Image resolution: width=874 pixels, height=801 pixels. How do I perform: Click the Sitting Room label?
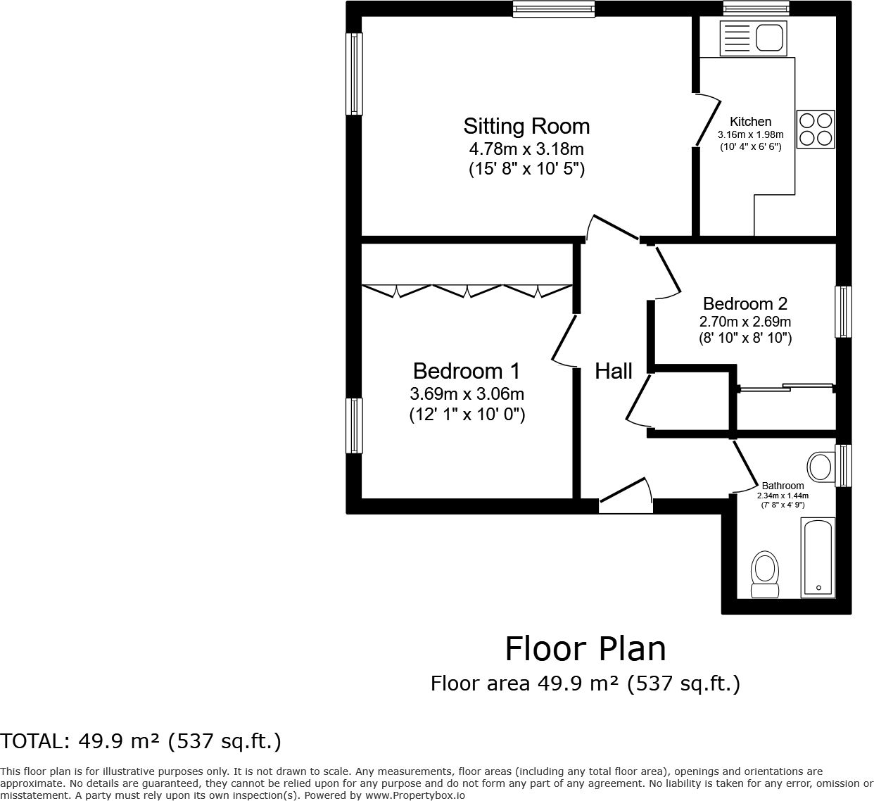(x=526, y=127)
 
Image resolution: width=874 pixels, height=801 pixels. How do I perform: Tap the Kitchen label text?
(x=750, y=122)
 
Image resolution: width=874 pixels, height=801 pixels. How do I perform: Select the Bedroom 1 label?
(x=467, y=372)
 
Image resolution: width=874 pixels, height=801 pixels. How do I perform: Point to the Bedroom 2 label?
(x=745, y=304)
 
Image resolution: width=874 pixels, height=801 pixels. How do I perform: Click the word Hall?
(x=614, y=372)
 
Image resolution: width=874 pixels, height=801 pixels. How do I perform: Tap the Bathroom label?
(x=783, y=486)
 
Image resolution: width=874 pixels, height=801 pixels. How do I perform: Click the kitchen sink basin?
(x=769, y=38)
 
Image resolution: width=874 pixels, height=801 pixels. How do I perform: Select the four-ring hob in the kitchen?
(x=816, y=130)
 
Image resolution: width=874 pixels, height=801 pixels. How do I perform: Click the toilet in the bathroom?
(x=765, y=574)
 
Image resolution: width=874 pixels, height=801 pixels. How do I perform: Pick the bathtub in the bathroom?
(x=818, y=558)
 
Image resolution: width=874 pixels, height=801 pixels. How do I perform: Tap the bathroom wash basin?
(x=821, y=467)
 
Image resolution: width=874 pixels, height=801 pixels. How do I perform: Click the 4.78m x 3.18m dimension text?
(x=526, y=149)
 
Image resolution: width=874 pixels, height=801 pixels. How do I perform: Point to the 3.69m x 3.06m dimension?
(x=467, y=394)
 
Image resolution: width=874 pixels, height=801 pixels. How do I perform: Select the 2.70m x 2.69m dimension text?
(x=745, y=322)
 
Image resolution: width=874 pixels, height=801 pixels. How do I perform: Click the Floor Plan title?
(x=585, y=650)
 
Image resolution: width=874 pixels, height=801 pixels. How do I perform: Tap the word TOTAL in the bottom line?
(x=32, y=741)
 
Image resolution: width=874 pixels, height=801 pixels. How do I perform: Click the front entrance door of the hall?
(x=626, y=496)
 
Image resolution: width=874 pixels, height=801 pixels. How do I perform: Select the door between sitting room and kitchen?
(x=706, y=120)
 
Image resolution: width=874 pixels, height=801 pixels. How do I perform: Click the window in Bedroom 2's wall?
(x=844, y=312)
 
